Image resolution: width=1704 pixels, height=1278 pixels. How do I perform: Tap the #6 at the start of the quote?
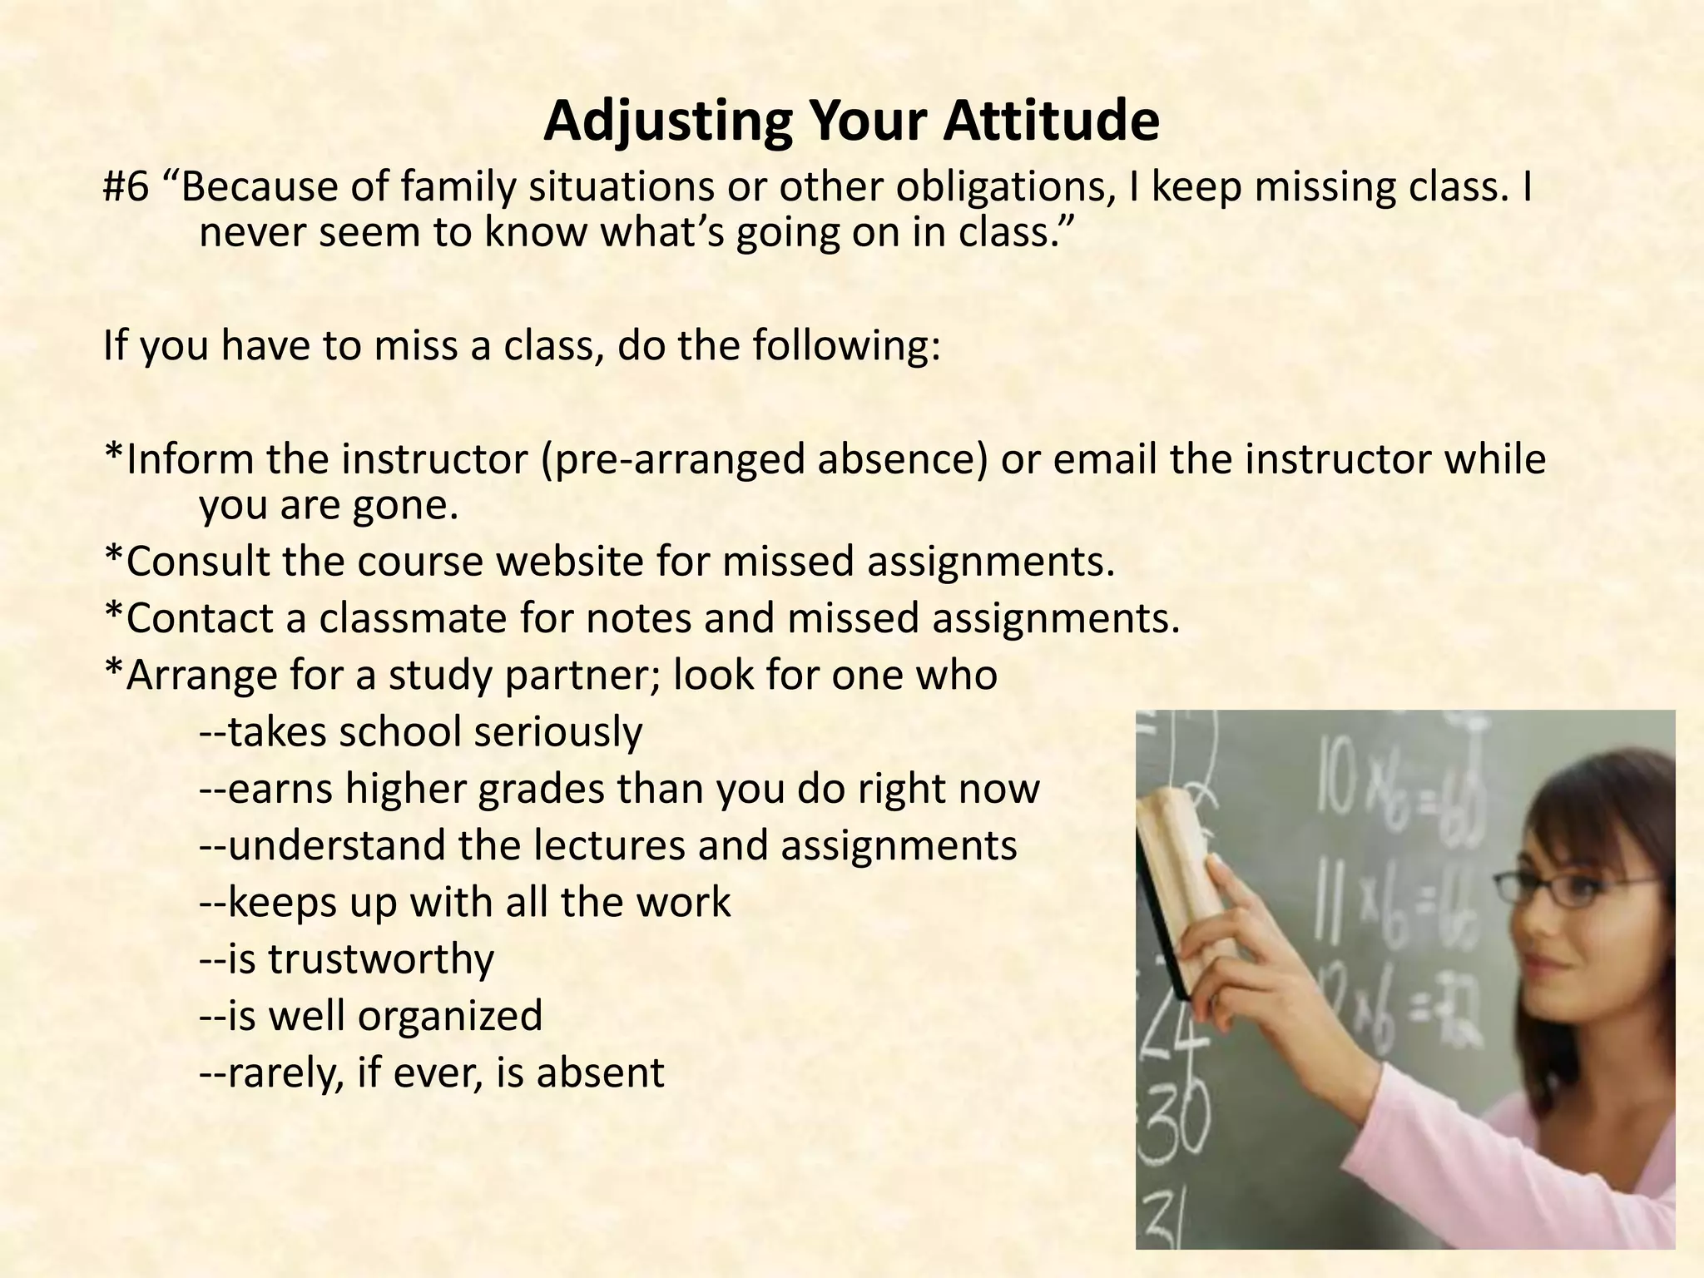point(126,188)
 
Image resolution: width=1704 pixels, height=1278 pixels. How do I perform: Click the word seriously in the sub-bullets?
point(558,733)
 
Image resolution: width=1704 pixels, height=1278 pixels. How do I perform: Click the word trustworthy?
point(381,959)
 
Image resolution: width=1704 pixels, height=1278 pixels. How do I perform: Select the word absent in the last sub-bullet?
point(600,1072)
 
